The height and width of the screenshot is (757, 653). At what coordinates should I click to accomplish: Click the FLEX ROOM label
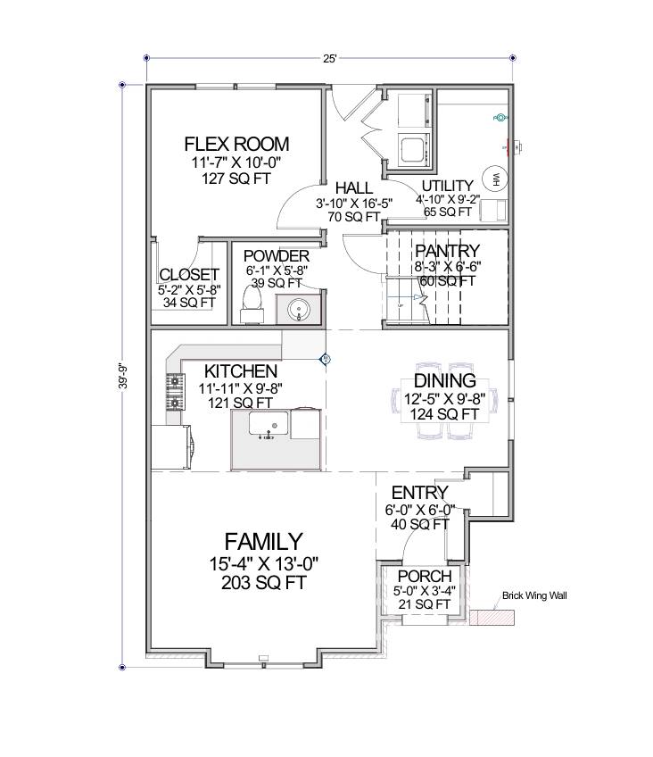pos(236,144)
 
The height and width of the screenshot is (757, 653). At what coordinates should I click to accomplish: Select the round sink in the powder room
pos(298,310)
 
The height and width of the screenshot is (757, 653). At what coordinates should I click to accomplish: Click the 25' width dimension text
pos(329,59)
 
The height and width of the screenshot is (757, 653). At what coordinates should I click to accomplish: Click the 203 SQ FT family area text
pos(263,583)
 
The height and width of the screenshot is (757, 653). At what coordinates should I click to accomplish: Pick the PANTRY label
pos(447,251)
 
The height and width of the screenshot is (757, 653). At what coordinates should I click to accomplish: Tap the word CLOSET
pos(189,274)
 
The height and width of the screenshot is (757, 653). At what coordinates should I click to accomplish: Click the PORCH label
pos(425,576)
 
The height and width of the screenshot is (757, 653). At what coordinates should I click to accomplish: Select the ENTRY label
pos(419,493)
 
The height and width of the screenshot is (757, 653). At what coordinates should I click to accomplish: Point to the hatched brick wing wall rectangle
pos(496,617)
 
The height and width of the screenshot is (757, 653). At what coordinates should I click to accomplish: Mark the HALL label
pos(353,188)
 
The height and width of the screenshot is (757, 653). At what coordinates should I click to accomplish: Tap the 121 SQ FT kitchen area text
pos(240,403)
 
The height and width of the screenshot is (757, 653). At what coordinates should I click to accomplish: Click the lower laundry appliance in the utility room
pos(413,148)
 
